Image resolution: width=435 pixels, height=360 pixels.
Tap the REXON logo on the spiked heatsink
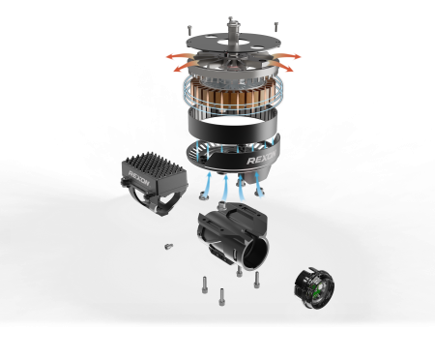point(139,178)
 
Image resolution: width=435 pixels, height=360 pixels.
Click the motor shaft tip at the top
point(230,19)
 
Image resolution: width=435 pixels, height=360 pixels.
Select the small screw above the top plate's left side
point(189,30)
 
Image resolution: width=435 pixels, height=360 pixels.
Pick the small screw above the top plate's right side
point(275,27)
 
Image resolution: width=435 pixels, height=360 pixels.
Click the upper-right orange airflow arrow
point(287,56)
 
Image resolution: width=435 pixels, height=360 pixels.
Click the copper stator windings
point(233,96)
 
